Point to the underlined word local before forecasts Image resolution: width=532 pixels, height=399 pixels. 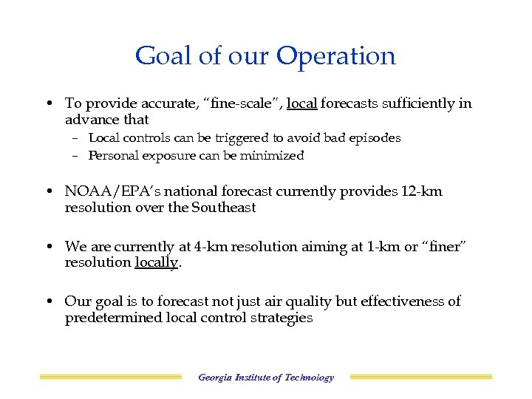302,104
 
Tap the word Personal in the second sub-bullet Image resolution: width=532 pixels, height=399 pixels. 112,156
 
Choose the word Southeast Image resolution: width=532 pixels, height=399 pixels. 223,208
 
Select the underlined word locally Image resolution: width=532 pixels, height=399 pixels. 157,263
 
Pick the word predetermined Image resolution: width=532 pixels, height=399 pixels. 110,318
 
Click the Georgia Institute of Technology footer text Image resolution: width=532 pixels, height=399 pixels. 266,378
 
